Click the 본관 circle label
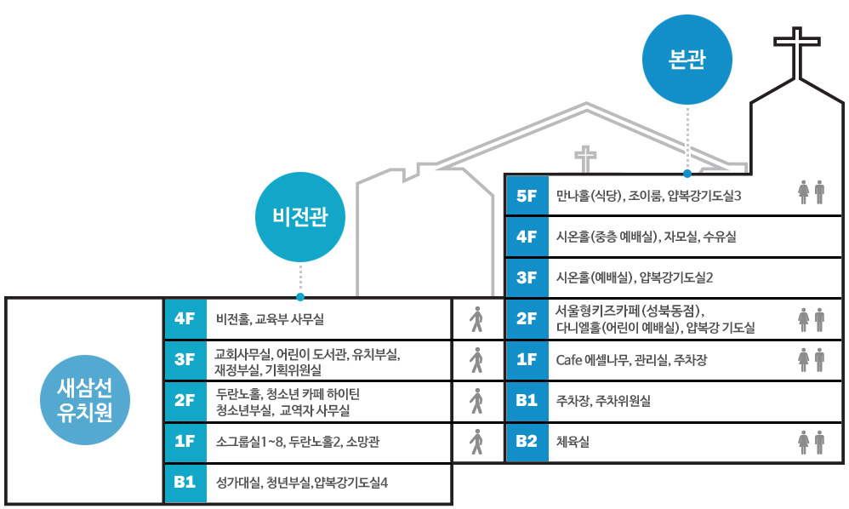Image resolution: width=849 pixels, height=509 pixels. coord(687,60)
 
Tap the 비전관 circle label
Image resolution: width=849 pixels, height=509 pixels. coord(300,217)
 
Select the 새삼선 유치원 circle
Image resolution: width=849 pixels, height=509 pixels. coord(85,400)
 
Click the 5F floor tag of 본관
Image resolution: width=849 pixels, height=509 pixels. coord(527,196)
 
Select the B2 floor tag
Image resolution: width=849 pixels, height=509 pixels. coord(527,441)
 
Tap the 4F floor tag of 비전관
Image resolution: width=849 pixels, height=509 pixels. coord(185,318)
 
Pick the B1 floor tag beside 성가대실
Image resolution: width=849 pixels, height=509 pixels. coord(185,483)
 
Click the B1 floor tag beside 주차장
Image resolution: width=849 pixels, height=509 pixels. coord(527,400)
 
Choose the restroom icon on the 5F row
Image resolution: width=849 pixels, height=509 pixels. coord(811,192)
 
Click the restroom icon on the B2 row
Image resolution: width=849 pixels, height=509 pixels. coord(811,442)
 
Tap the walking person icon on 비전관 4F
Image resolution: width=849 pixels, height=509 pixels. coord(476,319)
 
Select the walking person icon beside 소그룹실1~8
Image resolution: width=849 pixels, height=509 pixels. coord(476,442)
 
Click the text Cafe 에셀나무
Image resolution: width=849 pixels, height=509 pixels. coord(592,360)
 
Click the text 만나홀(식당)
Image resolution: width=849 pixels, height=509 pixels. coord(589,196)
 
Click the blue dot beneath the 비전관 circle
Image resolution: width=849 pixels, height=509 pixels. coord(300,297)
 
